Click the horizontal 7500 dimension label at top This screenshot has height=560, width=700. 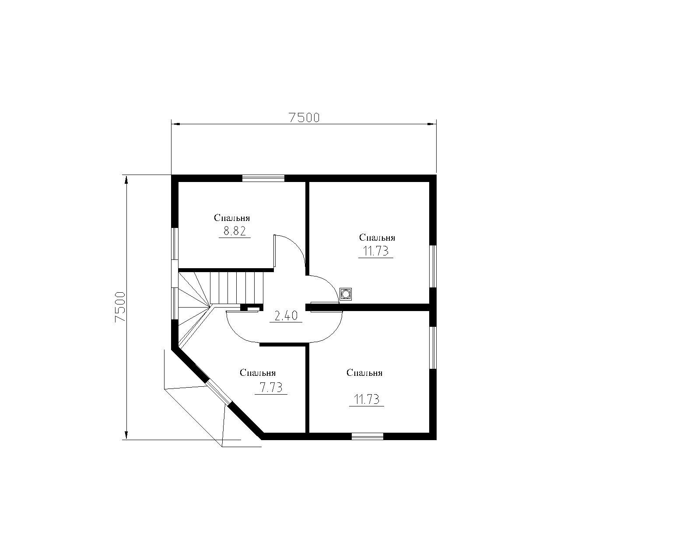[304, 117]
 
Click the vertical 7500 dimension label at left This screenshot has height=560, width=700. [120, 307]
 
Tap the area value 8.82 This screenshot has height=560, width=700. [234, 231]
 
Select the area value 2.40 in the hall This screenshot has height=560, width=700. [286, 315]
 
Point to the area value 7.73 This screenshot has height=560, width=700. [271, 388]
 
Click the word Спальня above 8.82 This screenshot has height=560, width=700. [232, 218]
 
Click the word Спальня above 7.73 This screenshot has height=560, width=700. [258, 373]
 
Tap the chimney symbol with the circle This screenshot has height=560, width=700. [346, 294]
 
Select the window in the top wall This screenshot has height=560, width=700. [263, 178]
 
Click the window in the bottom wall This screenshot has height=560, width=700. [367, 436]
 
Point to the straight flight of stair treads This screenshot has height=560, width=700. [237, 288]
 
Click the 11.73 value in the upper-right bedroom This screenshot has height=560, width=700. [376, 251]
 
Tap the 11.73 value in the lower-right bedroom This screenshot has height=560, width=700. [367, 399]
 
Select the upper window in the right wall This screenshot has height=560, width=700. [433, 266]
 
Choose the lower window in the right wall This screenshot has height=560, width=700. [433, 347]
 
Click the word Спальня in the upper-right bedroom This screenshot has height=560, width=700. [377, 238]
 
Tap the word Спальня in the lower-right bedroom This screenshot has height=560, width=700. [364, 373]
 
